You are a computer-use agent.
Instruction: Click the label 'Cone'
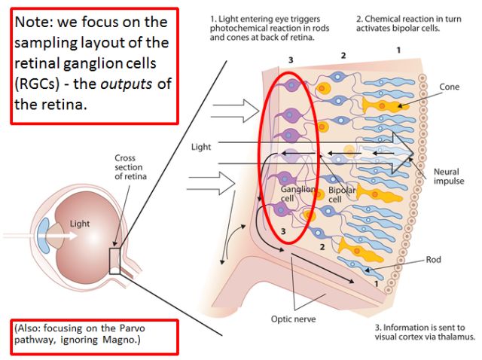pos(449,87)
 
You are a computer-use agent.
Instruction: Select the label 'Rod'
pos(432,260)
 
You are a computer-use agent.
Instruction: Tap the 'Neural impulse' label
pos(449,177)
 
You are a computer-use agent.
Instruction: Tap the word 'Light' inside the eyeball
pos(80,224)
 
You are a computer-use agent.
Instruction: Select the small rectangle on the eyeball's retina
pos(116,261)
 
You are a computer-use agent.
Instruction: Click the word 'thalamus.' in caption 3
pos(456,337)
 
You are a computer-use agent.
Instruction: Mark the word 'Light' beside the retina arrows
pos(202,147)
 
